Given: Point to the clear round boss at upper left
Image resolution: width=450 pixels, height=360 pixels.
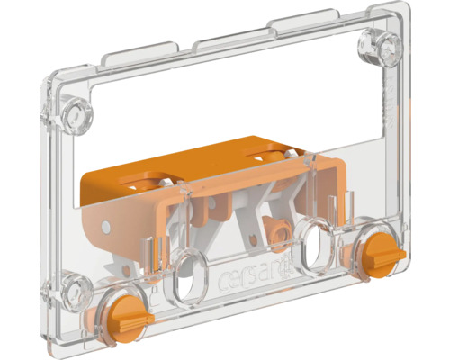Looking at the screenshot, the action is click(x=76, y=114).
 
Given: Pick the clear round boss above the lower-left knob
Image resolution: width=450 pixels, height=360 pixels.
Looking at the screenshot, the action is click(x=76, y=288).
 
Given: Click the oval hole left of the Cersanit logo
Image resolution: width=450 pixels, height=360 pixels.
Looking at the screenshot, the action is click(x=188, y=277).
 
